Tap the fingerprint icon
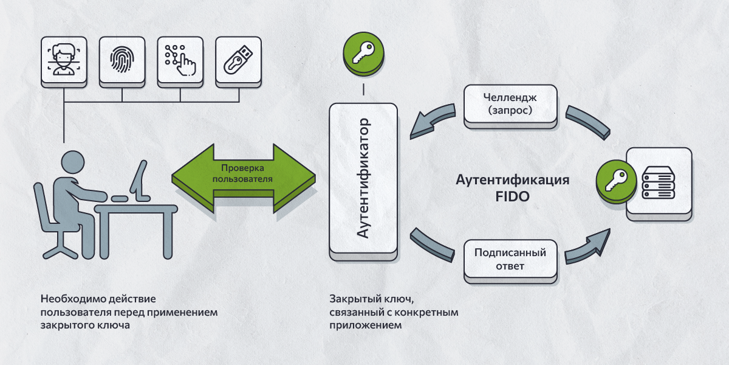[122, 60]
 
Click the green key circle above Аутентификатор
[363, 52]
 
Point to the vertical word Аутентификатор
[363, 180]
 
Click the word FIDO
[512, 196]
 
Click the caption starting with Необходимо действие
[128, 312]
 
